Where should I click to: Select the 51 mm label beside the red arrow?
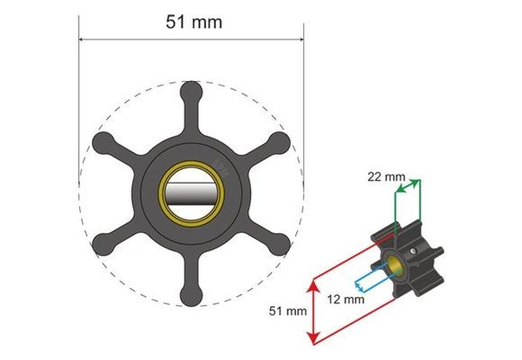point(288,311)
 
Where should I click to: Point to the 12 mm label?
point(345,298)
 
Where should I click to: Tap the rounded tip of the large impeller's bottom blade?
point(191,295)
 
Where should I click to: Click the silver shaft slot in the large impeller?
point(191,193)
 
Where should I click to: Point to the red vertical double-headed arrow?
point(313,311)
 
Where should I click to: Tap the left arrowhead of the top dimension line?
point(83,40)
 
